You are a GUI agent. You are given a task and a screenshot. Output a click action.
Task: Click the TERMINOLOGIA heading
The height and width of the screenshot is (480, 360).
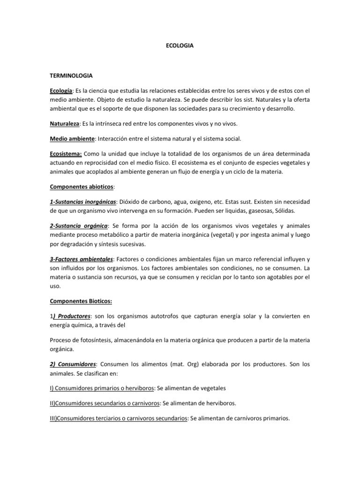coord(71,75)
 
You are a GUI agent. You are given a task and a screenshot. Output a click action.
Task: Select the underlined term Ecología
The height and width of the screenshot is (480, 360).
coord(61,90)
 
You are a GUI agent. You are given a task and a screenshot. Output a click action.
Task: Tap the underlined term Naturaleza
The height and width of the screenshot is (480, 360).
coord(65,123)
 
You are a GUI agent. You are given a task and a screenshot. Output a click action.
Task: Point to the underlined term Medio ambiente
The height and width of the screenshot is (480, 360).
coord(72,139)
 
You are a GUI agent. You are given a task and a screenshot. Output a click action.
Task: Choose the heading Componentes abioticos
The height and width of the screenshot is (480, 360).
coord(82,187)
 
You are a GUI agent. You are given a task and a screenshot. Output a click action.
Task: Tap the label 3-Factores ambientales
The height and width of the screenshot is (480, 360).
coord(82,259)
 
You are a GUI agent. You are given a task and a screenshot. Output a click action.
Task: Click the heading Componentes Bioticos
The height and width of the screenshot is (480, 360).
coord(81,301)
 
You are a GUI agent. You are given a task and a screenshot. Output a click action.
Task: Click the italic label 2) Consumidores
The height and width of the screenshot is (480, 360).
coord(73,364)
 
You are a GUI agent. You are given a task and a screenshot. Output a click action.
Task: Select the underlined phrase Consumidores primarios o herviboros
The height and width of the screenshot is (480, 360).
coord(102,389)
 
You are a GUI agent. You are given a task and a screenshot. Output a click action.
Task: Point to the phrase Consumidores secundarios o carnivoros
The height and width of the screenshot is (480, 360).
coord(105,403)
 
